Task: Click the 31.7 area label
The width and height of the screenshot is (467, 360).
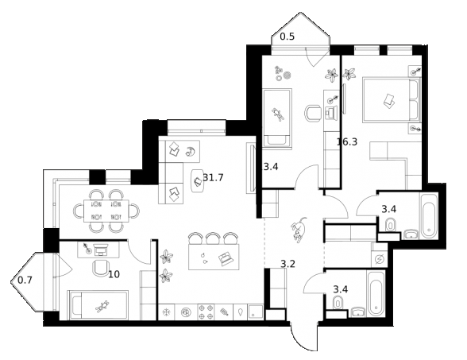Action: click(213, 178)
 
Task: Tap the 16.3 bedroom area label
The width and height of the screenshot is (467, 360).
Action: click(347, 141)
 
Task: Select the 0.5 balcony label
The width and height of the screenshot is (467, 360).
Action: click(288, 37)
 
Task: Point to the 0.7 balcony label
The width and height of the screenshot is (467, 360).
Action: click(25, 280)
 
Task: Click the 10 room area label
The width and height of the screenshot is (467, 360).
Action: click(114, 274)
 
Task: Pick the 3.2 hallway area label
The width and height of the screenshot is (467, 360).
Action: click(288, 264)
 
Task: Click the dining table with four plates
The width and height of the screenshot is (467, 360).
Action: click(106, 211)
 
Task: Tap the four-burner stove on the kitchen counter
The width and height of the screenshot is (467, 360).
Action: click(206, 312)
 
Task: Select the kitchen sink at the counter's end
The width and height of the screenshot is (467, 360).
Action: click(256, 312)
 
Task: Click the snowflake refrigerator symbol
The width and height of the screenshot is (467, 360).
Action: click(166, 312)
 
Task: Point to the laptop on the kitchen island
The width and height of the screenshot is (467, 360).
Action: click(225, 258)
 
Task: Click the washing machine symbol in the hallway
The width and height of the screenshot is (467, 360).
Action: click(379, 259)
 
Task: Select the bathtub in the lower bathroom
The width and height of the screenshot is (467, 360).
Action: click(376, 293)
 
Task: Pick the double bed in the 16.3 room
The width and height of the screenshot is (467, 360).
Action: click(392, 100)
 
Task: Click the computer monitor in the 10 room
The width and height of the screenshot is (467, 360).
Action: click(101, 250)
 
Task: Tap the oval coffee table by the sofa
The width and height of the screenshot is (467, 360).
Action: click(198, 181)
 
